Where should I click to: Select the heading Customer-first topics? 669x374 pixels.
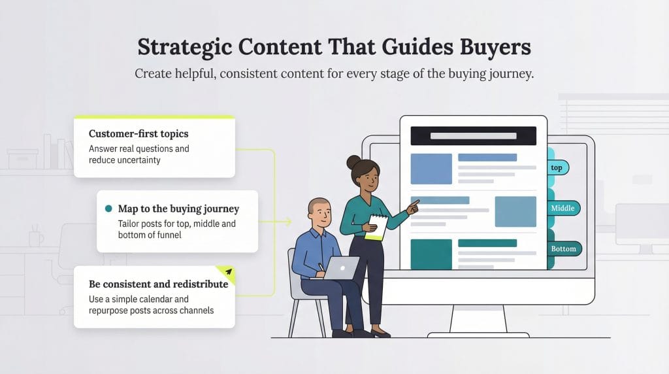point(139,133)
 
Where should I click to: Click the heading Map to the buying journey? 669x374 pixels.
point(178,209)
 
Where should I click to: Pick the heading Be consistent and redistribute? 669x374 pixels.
point(158,284)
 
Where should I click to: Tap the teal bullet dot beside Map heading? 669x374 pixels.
point(108,209)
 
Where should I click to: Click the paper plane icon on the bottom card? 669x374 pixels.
point(228,271)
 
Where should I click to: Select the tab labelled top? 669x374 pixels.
point(557,167)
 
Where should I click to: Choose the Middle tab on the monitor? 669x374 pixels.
point(563,208)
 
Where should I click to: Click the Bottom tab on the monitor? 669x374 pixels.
point(563,248)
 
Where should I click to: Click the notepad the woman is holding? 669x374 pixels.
point(376,226)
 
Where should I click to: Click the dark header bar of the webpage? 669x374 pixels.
point(473,136)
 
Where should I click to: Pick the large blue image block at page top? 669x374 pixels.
point(431,169)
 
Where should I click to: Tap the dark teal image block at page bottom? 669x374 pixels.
point(431,254)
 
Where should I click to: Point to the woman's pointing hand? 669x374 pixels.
point(412,209)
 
